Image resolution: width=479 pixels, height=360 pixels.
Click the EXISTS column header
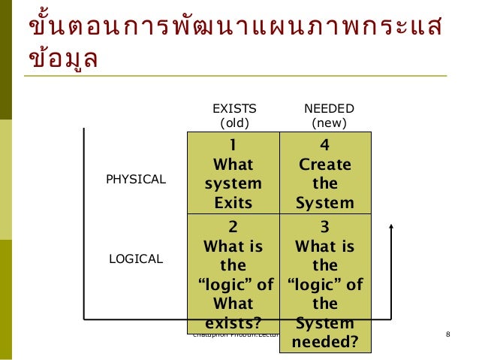click(x=233, y=109)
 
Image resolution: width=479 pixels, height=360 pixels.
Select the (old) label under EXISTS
click(x=233, y=123)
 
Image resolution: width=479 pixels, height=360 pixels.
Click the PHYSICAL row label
click(x=136, y=180)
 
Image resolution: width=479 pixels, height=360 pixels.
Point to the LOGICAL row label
click(x=136, y=259)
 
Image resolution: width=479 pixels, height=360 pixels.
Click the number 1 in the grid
click(x=233, y=144)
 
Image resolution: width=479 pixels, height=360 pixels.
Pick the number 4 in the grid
click(x=325, y=144)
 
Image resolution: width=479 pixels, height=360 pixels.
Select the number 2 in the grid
click(x=233, y=226)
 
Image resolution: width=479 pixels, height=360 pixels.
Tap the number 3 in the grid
click(x=325, y=226)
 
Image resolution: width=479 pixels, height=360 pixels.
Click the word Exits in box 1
click(x=233, y=203)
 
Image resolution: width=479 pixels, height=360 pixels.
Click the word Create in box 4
click(x=325, y=164)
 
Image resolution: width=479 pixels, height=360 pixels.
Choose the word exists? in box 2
click(x=233, y=324)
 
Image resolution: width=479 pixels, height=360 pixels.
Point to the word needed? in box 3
click(x=325, y=343)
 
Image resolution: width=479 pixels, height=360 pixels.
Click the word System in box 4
click(x=325, y=203)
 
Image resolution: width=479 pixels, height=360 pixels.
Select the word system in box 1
click(x=233, y=183)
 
